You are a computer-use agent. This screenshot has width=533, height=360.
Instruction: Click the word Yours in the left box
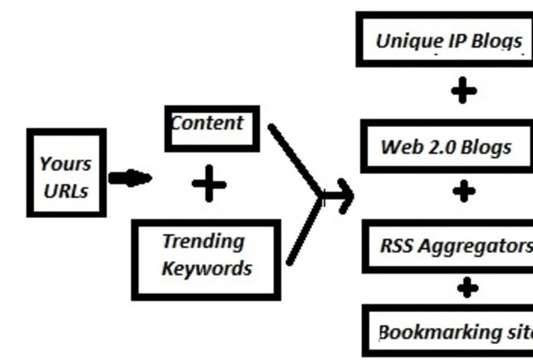66,165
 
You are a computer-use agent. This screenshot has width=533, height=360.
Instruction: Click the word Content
207,123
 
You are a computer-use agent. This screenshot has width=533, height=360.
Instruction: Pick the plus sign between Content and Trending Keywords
208,185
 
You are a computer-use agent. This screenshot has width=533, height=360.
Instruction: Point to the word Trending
204,242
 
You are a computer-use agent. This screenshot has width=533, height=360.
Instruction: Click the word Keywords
207,268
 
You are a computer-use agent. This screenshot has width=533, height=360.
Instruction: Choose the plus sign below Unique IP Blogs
464,91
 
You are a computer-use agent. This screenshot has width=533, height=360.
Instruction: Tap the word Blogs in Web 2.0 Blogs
486,147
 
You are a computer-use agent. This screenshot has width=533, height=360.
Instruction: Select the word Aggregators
475,245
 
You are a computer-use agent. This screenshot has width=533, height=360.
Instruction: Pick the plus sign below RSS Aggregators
467,288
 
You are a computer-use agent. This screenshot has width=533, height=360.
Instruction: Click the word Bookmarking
431,332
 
